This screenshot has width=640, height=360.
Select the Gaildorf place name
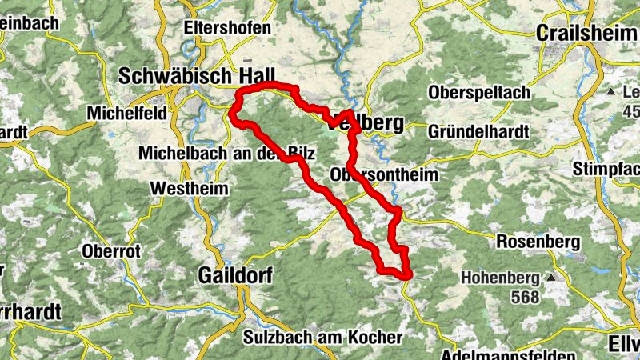pyautogui.click(x=234, y=275)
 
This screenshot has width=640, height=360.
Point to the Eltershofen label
pyautogui.click(x=227, y=27)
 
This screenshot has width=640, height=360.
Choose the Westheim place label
pyautogui.click(x=190, y=190)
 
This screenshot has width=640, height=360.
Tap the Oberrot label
pyautogui.click(x=111, y=251)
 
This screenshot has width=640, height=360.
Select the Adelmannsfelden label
pyautogui.click(x=507, y=354)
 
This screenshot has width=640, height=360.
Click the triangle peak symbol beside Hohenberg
pyautogui.click(x=550, y=278)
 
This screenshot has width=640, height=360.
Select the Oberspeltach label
pyautogui.click(x=479, y=93)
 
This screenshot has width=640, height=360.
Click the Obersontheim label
pyautogui.click(x=383, y=174)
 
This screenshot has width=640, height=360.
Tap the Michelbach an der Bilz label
pyautogui.click(x=228, y=153)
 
